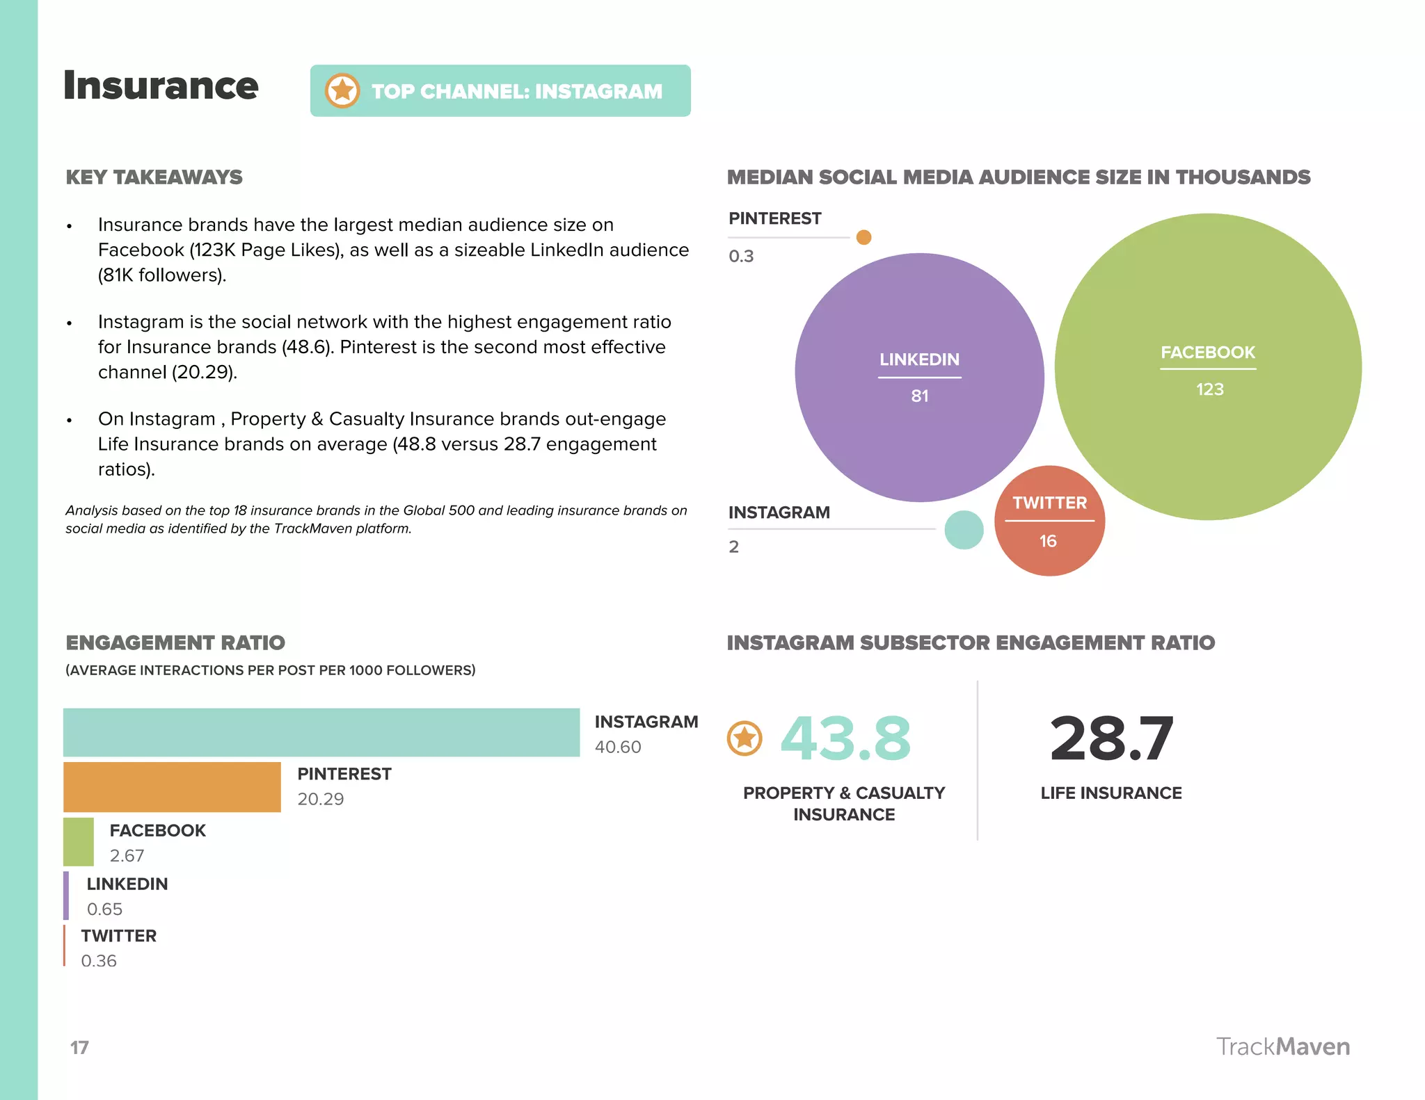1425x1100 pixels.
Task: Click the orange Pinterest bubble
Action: (863, 237)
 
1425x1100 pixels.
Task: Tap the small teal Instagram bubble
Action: (964, 530)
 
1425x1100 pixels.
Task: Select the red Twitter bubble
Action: (1049, 521)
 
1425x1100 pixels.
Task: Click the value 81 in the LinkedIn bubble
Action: (920, 396)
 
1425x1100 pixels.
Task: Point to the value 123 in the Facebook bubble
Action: (1209, 389)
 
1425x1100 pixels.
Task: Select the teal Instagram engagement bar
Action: (321, 732)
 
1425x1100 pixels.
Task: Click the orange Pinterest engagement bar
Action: (172, 787)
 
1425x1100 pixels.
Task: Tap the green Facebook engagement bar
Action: (79, 842)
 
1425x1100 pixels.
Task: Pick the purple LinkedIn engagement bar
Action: (66, 896)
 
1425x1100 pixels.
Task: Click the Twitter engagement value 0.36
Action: (99, 961)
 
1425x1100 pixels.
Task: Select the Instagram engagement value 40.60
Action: (618, 747)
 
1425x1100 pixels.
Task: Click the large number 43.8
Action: (845, 738)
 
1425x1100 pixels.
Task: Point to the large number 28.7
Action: (1111, 738)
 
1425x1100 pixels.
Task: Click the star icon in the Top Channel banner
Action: (342, 91)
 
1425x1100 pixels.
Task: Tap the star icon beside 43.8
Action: (745, 738)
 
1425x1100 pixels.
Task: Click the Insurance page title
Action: (161, 86)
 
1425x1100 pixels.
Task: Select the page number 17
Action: (79, 1048)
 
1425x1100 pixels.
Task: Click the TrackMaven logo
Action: (1282, 1046)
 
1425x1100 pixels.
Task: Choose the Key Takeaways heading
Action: (154, 177)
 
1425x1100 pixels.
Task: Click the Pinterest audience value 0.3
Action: (741, 257)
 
